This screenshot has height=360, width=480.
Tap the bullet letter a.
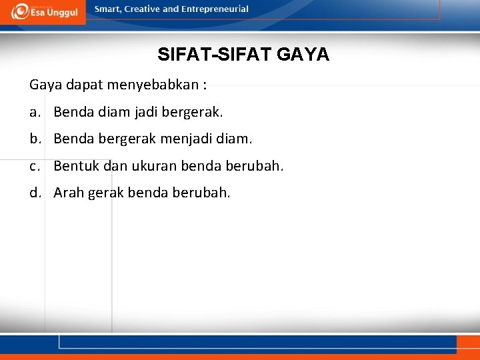[x=33, y=113]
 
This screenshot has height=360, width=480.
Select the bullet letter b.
[x=34, y=139]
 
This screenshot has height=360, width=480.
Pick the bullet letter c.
[x=33, y=166]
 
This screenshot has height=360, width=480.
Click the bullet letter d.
[x=34, y=193]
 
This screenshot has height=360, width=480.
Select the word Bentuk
[x=74, y=166]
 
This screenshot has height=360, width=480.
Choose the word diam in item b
[x=238, y=139]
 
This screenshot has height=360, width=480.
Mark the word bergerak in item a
[x=193, y=113]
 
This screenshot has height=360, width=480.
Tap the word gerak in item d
[x=105, y=193]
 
